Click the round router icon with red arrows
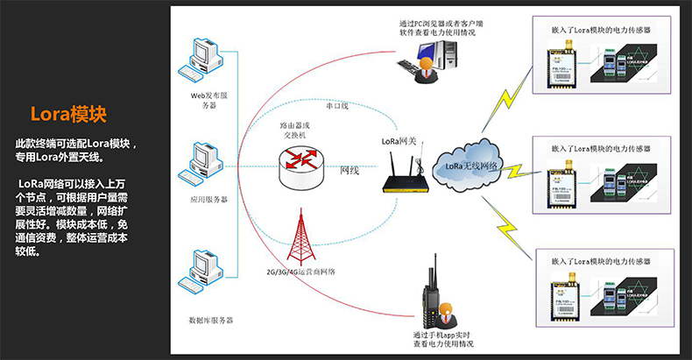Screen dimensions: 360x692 coord(300,164)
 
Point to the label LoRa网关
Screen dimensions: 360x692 coord(398,138)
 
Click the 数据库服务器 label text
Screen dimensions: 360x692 coord(204,321)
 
